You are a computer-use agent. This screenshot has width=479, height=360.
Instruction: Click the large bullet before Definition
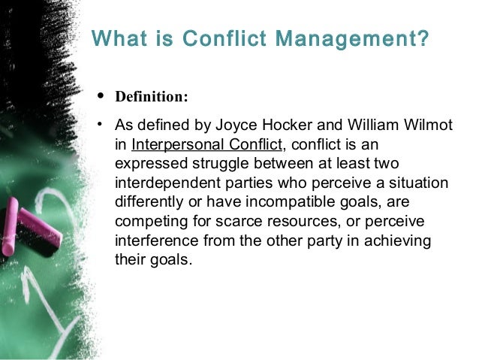coord(101,98)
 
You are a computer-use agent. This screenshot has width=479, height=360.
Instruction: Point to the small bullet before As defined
coord(98,125)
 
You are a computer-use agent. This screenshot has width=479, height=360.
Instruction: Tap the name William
coord(375,126)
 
